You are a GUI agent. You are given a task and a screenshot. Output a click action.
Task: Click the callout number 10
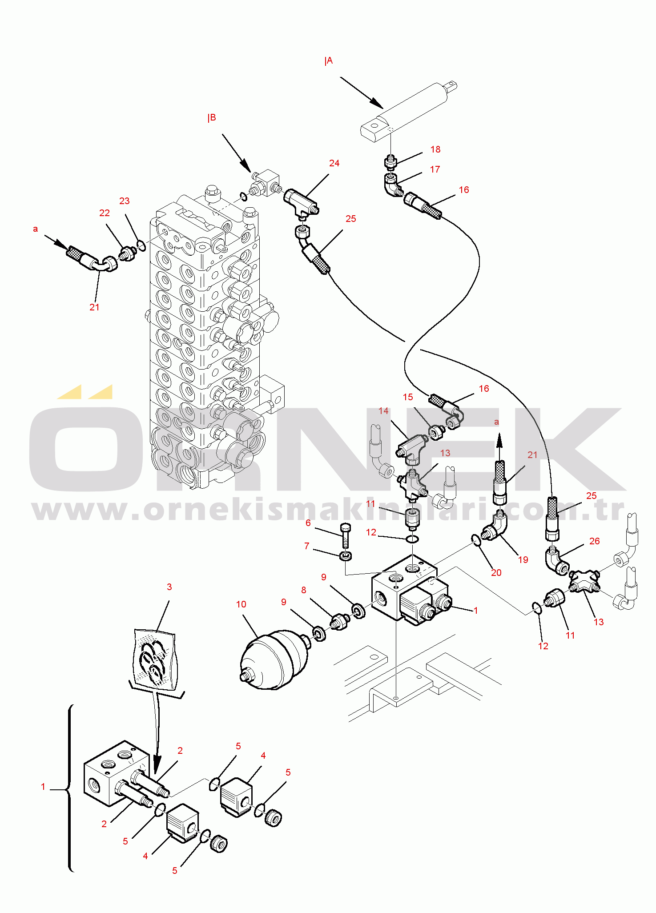(241, 604)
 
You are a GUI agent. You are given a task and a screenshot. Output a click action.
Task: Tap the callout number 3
(169, 587)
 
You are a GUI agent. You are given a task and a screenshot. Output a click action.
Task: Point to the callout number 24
(334, 163)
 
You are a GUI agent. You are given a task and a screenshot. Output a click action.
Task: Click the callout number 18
(435, 149)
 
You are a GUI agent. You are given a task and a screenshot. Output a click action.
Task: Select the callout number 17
(435, 169)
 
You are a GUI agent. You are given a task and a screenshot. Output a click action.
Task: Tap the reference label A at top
(329, 61)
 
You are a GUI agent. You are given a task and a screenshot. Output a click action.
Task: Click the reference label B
(212, 118)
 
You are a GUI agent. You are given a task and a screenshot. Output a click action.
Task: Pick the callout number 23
(125, 201)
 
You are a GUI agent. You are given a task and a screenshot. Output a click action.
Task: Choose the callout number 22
(105, 213)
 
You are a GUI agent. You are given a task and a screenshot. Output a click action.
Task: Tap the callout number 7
(307, 546)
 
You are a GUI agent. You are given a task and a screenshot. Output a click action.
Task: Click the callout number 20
(496, 573)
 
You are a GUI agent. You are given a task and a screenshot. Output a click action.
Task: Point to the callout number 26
(595, 541)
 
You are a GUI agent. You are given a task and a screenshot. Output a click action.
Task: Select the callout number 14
(384, 411)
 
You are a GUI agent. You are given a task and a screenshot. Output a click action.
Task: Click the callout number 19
(523, 560)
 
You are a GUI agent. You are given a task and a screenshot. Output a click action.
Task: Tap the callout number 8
(304, 590)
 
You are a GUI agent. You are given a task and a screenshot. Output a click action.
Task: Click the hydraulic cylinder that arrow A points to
(409, 111)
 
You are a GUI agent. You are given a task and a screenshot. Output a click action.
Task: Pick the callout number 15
(408, 397)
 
